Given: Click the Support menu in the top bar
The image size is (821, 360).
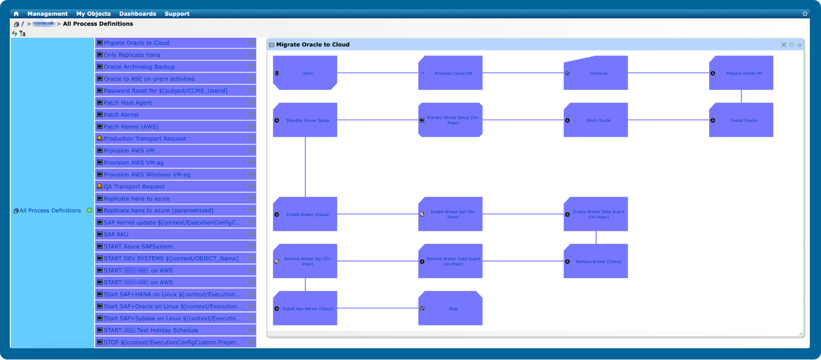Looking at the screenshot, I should [177, 14].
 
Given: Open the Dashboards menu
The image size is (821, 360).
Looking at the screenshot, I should [137, 14].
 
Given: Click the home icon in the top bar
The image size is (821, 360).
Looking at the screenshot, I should [16, 14].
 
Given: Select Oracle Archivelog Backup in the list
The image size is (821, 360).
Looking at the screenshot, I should [139, 67].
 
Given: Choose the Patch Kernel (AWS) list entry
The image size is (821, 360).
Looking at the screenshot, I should [131, 127].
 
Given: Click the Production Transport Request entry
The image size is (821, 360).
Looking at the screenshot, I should [145, 139].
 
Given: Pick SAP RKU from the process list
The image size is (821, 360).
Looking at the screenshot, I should [116, 234].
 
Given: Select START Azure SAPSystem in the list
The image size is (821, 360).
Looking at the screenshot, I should [138, 247].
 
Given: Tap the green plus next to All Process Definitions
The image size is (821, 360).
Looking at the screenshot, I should [89, 210].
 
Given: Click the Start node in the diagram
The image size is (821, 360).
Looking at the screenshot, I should [305, 73].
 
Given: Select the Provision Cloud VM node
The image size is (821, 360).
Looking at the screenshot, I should [450, 73].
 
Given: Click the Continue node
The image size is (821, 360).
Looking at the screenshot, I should [595, 73].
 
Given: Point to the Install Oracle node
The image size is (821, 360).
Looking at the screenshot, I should [741, 120].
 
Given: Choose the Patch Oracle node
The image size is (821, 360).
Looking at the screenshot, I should [595, 120].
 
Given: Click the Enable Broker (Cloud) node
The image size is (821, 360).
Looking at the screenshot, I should [305, 214].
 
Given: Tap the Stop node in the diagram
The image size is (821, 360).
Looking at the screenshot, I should [450, 309].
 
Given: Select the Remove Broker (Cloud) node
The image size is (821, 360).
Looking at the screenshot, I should [595, 261].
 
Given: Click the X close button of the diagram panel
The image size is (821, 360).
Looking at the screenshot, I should [783, 45].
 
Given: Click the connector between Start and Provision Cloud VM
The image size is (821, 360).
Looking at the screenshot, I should [378, 73].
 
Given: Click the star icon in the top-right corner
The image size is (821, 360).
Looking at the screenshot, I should [805, 14].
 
